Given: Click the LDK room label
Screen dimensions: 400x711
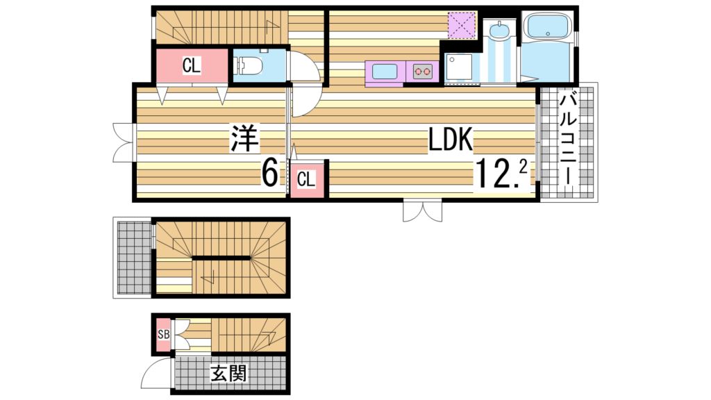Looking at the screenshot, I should point(450,141).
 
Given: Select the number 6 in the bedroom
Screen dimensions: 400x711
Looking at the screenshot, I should point(269,173).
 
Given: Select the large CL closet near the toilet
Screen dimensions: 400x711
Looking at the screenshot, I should point(191,66).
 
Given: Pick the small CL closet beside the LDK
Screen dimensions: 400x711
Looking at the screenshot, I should point(306,179).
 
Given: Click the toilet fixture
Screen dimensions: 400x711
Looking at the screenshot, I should point(249,67).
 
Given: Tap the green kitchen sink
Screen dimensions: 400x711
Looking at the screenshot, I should point(385,71).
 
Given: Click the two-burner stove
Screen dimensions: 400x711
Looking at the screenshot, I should point(422,70).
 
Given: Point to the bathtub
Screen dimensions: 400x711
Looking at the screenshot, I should point(548,28).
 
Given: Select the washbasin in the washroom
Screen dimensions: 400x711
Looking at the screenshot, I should point(499,31).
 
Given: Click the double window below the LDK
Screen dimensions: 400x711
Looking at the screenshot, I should point(422,211).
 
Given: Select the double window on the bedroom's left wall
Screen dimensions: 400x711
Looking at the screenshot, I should point(123,142).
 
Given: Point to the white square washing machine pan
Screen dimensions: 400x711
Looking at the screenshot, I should point(460,68).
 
